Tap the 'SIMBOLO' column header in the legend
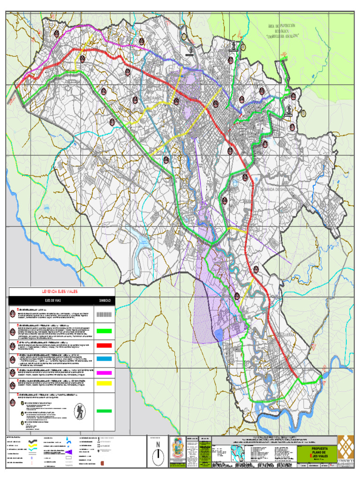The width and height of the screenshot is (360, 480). [x=104, y=301]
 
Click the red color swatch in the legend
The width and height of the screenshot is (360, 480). [x=104, y=345]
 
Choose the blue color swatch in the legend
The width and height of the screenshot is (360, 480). [x=104, y=359]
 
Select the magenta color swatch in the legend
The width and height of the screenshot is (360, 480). [x=104, y=372]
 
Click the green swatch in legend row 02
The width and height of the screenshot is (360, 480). [x=104, y=331]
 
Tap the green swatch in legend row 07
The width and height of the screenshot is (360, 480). [x=104, y=411]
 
